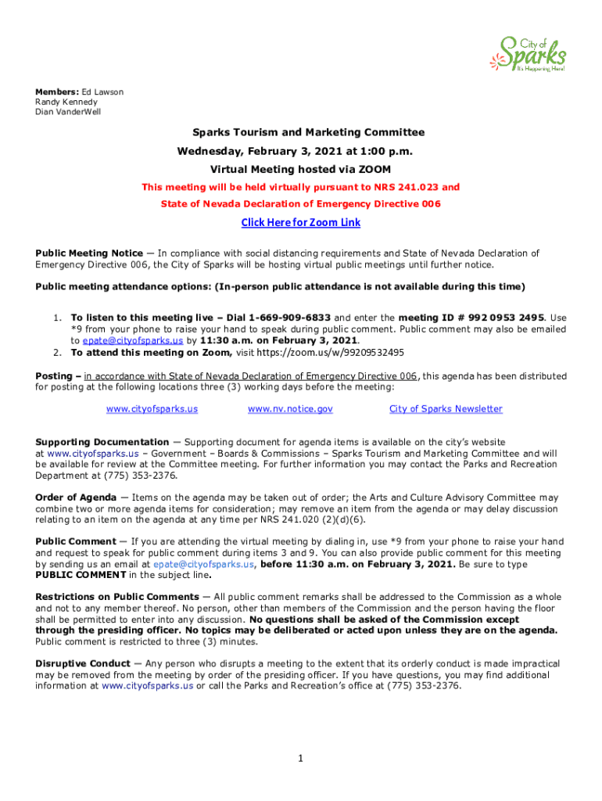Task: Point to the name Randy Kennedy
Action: pyautogui.click(x=66, y=102)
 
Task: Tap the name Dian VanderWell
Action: pyautogui.click(x=68, y=112)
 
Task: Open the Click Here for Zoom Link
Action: pyautogui.click(x=301, y=223)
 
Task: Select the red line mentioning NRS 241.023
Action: pyautogui.click(x=301, y=187)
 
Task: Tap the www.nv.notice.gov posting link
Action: pyautogui.click(x=290, y=409)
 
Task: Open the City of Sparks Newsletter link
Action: pyautogui.click(x=446, y=409)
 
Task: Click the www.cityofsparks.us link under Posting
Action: pyautogui.click(x=152, y=409)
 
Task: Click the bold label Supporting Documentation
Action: pyautogui.click(x=102, y=443)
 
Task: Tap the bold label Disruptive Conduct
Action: pyautogui.click(x=83, y=664)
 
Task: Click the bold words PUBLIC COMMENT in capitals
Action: pyautogui.click(x=81, y=575)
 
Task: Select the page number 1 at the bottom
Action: pyautogui.click(x=301, y=758)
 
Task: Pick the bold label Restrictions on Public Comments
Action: pyautogui.click(x=117, y=598)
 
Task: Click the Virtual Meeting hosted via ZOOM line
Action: pyautogui.click(x=301, y=169)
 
